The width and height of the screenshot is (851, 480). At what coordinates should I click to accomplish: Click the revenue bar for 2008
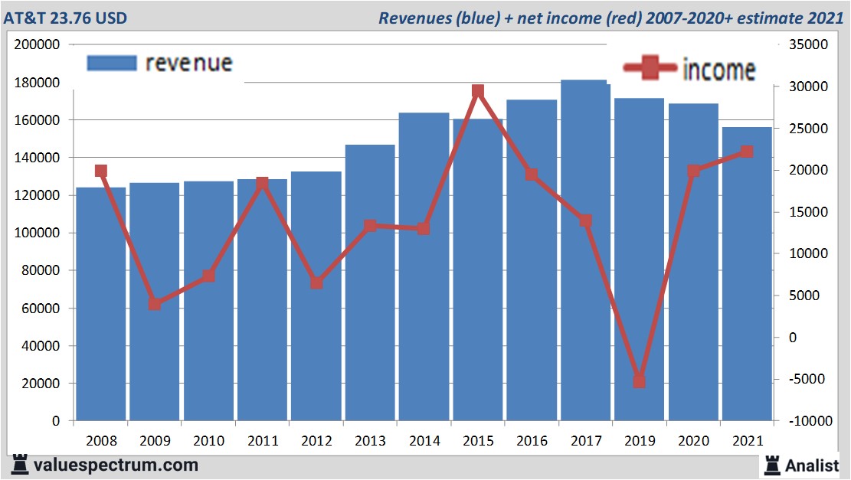100,322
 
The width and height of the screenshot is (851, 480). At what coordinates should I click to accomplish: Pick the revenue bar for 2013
370,322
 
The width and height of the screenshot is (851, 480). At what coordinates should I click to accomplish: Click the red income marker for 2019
640,381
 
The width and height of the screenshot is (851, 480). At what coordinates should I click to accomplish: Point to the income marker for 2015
478,91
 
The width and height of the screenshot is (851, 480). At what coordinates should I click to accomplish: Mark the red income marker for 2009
155,304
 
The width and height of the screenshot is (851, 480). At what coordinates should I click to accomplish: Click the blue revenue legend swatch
112,63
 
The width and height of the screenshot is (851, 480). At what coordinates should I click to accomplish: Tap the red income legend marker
650,68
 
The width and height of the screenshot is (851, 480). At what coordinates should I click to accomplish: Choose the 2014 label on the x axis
424,442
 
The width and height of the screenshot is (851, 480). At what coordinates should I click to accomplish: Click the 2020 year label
693,442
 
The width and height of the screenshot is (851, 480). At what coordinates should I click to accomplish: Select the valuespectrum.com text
116,465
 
